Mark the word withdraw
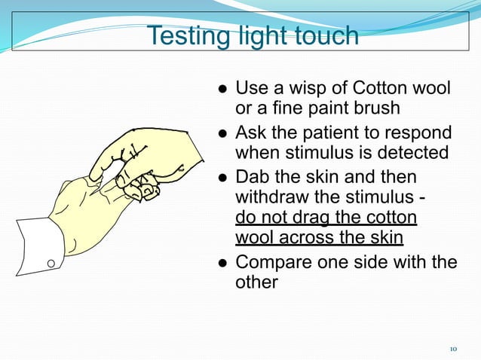coord(268,198)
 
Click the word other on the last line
coord(257,283)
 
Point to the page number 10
coord(453,349)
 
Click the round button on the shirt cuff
coord(51,264)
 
